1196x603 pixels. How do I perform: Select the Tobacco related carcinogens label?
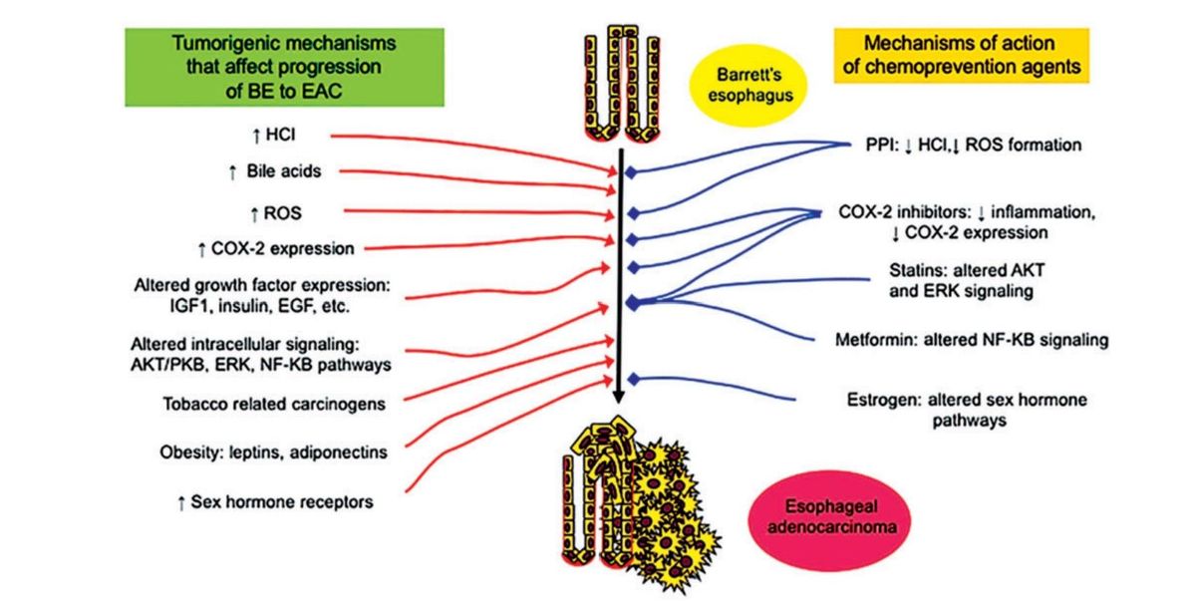[274, 404]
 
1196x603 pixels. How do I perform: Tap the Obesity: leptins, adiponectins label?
[274, 452]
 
